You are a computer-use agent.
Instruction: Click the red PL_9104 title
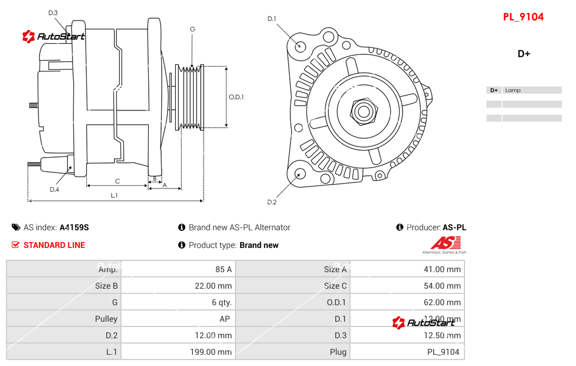523,17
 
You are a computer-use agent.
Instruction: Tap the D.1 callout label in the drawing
271,19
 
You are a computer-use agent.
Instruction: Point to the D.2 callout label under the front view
271,202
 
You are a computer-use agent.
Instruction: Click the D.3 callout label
53,12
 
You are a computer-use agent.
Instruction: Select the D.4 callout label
54,189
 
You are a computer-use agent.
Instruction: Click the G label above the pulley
192,29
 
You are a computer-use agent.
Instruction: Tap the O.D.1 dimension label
236,97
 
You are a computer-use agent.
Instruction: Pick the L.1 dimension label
114,195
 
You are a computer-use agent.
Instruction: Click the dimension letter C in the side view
117,181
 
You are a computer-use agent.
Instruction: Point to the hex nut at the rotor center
364,110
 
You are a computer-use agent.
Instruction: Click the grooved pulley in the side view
190,97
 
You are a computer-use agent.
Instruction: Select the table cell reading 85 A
223,269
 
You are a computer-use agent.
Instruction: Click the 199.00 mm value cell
215,352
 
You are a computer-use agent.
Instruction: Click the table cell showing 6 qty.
222,302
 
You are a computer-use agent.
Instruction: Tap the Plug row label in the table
338,352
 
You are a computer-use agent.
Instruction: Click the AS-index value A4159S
74,227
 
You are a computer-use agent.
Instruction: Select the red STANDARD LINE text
54,245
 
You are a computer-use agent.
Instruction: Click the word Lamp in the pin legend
513,90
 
